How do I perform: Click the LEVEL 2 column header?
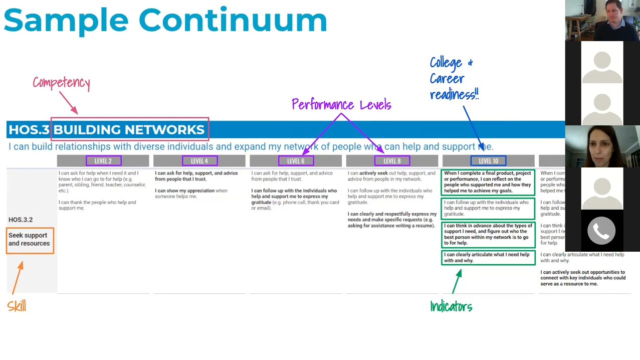(103, 161)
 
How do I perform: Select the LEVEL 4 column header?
(199, 161)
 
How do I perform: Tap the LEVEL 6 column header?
(296, 161)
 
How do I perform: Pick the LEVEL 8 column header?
(392, 161)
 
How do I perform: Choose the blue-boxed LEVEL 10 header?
(488, 161)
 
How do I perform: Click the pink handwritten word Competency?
(61, 83)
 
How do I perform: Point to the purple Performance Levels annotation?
(341, 105)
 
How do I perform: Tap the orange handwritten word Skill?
(17, 306)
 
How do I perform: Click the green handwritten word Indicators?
(451, 307)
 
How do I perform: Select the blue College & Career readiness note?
(454, 78)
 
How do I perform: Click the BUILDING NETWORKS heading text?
(129, 130)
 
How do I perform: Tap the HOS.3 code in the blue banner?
(29, 130)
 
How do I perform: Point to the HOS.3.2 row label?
(21, 220)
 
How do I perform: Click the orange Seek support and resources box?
(30, 240)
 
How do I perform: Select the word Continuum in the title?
(233, 21)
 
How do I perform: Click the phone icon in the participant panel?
(601, 230)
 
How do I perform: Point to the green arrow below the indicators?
(457, 281)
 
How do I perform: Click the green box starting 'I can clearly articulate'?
(488, 257)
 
